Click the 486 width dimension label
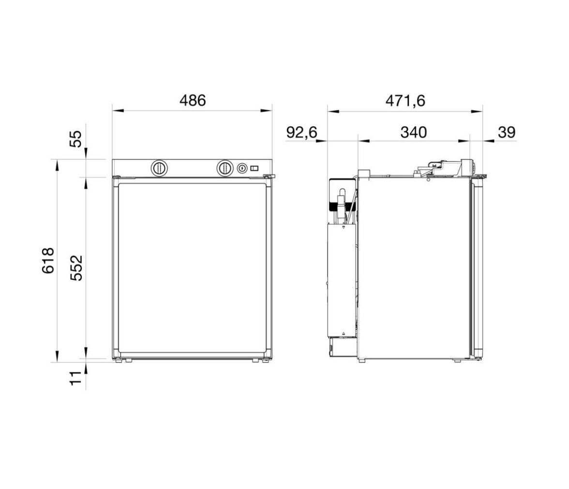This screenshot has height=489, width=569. [x=193, y=101]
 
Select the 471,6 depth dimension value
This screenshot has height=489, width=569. [x=405, y=101]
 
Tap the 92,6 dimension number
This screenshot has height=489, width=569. [x=301, y=132]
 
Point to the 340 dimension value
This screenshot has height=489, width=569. [x=413, y=132]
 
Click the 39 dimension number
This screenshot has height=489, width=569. [x=507, y=132]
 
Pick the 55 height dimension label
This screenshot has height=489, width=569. [x=76, y=139]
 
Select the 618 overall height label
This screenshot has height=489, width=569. [x=48, y=260]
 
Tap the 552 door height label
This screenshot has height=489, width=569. [x=76, y=268]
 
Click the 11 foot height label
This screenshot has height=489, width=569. [x=76, y=378]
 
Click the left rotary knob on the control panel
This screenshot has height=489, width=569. [x=159, y=168]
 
